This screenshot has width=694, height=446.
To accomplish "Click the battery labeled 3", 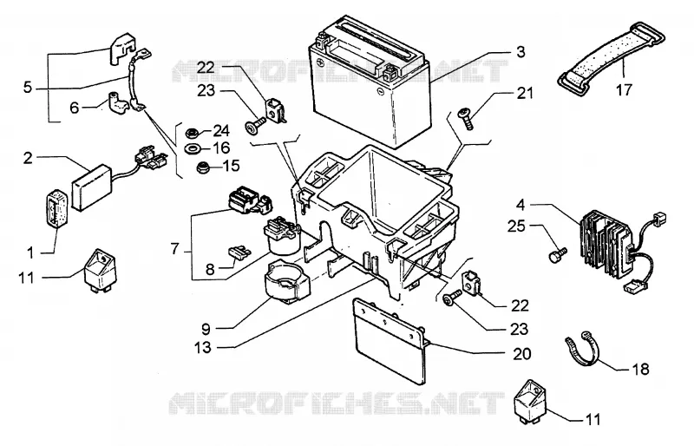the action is pyautogui.click(x=370, y=82).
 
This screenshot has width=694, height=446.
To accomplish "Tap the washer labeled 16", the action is pyautogui.click(x=192, y=148).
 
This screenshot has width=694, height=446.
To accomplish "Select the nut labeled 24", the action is pyautogui.click(x=192, y=132).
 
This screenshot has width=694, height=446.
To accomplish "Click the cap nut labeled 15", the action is pyautogui.click(x=203, y=167).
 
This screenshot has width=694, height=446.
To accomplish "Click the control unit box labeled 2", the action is pyautogui.click(x=91, y=187).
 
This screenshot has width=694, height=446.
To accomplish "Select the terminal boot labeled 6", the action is pyautogui.click(x=117, y=102).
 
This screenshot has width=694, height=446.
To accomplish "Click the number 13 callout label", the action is pyautogui.click(x=203, y=348).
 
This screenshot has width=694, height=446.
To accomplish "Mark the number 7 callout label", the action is pyautogui.click(x=175, y=249).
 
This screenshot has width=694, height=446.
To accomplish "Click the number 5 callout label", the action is pyautogui.click(x=28, y=87).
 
